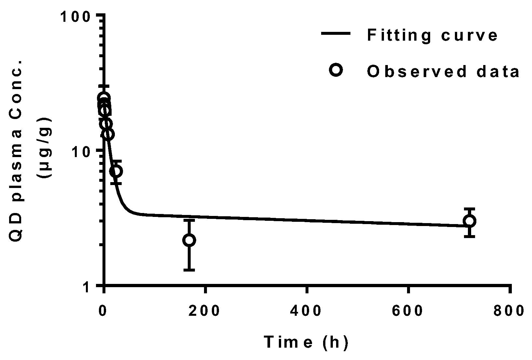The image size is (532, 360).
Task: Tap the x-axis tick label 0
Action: pos(103,311)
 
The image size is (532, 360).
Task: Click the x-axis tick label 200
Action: pos(205,311)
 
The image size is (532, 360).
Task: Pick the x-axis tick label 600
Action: pos(408,311)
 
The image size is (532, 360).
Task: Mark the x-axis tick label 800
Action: pos(510,311)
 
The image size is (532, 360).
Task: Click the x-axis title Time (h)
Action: pos(306,342)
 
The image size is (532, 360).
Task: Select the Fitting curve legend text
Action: pos(432,35)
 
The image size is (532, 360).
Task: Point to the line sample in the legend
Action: pos(336,33)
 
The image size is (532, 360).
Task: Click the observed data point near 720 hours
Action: pos(469,221)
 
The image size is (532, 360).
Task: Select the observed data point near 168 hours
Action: pos(189,240)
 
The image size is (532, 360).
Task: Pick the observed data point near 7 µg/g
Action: pos(116,171)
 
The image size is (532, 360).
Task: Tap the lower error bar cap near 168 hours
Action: pos(189,270)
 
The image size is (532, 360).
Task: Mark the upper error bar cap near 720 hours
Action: pos(469,208)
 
